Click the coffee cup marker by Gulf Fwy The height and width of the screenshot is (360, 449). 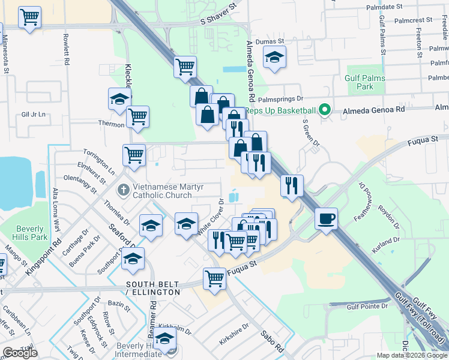tap(326, 218)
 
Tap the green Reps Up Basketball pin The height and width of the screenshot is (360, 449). tap(325, 110)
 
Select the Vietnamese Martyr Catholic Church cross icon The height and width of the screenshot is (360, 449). tap(124, 190)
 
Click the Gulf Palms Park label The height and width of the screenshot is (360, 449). tap(360, 82)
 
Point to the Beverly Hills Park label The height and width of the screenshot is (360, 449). tap(29, 233)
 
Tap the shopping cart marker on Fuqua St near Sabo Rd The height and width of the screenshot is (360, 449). tap(214, 278)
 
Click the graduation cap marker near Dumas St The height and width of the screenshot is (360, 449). tap(274, 57)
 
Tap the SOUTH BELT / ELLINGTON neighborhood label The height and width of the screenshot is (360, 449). tap(152, 287)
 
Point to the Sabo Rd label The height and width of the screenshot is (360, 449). tap(271, 340)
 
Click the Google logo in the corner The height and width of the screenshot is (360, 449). tap(20, 353)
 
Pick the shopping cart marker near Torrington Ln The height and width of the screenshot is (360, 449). tap(134, 155)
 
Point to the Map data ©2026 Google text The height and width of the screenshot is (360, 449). tap(412, 355)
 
